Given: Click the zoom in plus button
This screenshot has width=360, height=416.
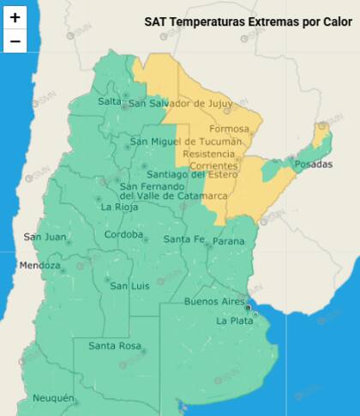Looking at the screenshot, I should coord(15,17).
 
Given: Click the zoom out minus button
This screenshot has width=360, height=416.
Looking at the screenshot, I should coord(15,40).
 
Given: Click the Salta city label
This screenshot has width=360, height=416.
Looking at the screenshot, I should coord(110,101).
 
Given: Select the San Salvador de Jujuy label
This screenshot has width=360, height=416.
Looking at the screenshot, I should coord(180,104).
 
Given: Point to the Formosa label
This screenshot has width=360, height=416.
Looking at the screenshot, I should coord(230,129).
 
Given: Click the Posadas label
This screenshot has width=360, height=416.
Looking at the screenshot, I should coord(313,164).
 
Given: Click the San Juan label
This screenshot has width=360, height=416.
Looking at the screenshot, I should coord(43,237).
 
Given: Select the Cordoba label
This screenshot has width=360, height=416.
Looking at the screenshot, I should coord(123,235).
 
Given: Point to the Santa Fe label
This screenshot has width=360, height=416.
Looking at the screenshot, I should coord(183,238).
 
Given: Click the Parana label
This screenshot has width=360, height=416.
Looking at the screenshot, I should coord(228,241).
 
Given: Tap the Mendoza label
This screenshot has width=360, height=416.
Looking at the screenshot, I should coord(40,265).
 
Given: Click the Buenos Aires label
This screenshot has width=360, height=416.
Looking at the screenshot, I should coord(214,302).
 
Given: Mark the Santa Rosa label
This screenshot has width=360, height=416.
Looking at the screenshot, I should coord(114,347).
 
